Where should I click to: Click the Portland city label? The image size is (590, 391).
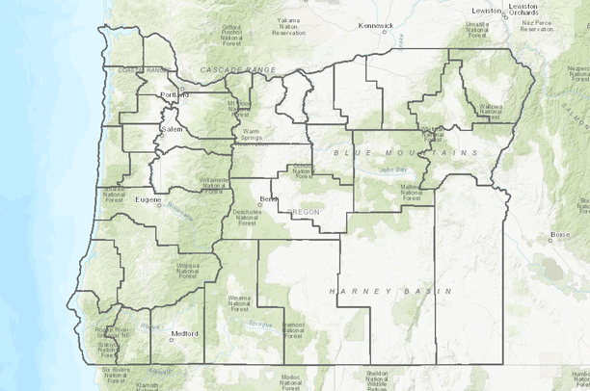tap(175, 96)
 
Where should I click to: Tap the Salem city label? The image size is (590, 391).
tap(172, 128)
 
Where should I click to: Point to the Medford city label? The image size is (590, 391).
tap(184, 333)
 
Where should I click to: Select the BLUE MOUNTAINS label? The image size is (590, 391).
tap(405, 153)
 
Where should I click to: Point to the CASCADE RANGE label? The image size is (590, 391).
tap(237, 70)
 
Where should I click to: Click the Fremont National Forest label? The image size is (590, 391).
tap(294, 330)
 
